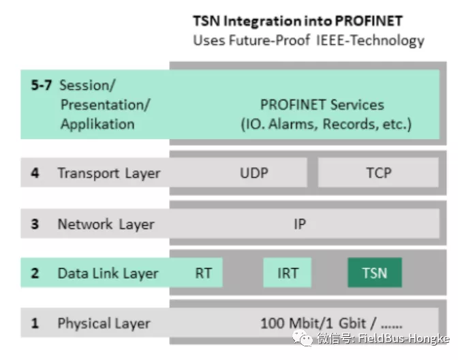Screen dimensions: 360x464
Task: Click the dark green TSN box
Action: pos(374,273)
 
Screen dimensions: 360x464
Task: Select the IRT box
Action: pos(288,273)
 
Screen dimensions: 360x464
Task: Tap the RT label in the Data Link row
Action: pos(203,273)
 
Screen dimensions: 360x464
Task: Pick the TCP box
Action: pos(378,172)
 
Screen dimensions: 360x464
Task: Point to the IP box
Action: pos(300,224)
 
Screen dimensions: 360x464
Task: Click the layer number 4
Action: pos(35,173)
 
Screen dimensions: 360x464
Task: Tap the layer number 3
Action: pos(35,224)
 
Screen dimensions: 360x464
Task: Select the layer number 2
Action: pos(35,273)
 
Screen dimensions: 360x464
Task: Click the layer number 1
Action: pos(34,323)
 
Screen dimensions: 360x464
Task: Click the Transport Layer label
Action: pos(109,173)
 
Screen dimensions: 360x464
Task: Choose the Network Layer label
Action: pos(106,224)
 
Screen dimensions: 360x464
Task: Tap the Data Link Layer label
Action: pos(108,273)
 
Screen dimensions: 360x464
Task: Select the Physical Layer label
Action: pos(104,323)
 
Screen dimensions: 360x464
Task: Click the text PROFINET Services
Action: pos(322,105)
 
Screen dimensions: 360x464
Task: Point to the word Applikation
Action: pos(97,124)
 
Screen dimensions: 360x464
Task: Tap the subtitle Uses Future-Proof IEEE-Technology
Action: pos(309,40)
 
